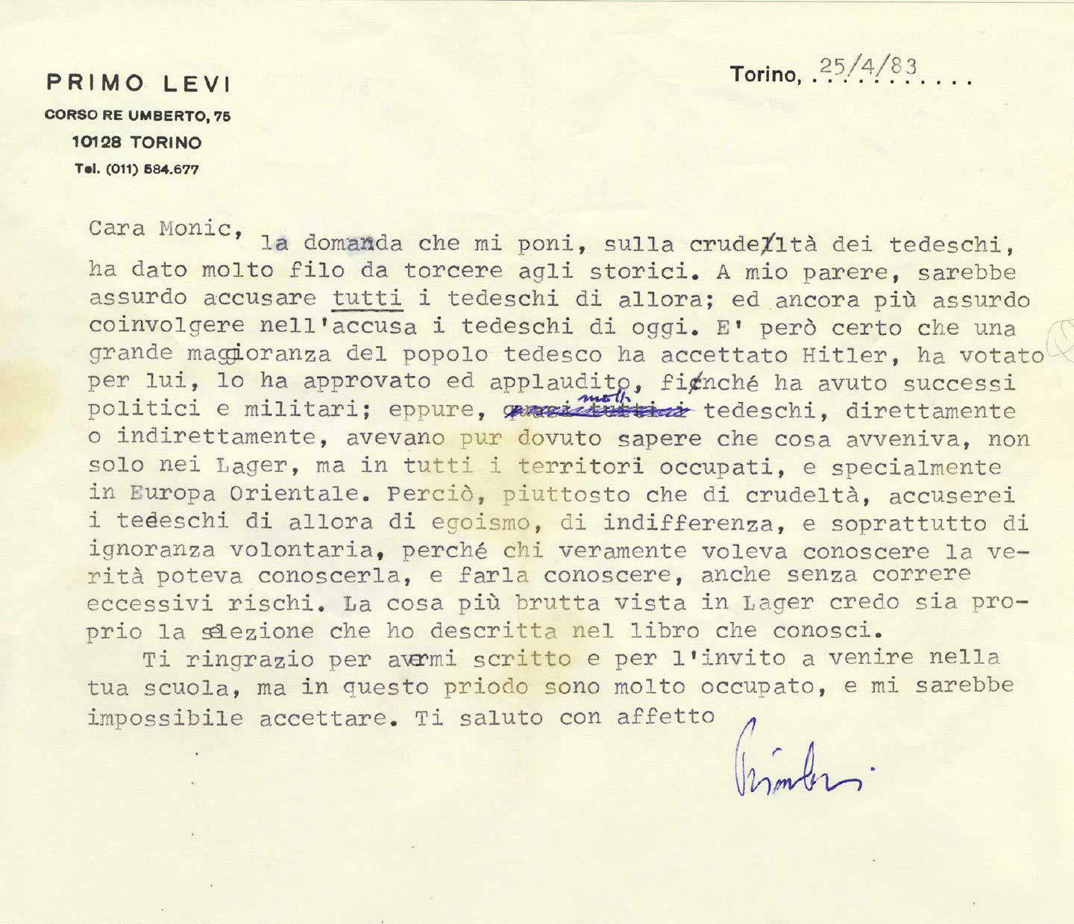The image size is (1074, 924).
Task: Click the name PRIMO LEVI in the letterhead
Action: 139,83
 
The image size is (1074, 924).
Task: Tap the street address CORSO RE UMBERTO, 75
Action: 137,116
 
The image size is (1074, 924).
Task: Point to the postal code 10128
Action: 98,142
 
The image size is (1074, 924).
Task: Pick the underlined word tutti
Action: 367,299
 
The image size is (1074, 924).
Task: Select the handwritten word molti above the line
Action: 597,396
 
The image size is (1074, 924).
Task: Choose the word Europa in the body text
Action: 166,493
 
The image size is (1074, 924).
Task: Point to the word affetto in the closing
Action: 665,717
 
